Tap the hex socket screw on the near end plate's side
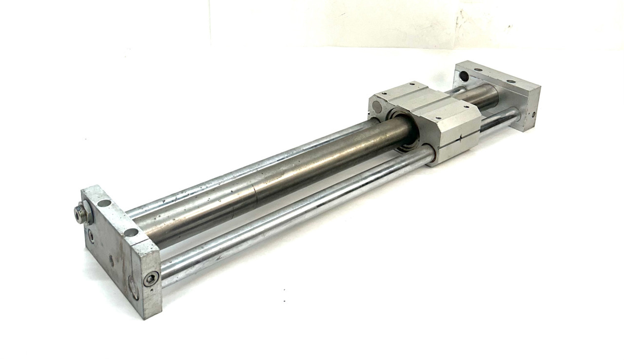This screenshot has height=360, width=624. point(151,279)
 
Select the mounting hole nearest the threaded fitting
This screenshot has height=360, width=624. point(104,203)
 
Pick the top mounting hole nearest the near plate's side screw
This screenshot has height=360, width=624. point(131,232)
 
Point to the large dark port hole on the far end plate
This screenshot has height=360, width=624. point(464,77)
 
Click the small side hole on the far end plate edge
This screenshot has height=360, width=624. point(533,115)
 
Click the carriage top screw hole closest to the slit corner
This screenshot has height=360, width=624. point(437,118)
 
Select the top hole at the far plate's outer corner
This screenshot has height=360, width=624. point(511,81)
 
